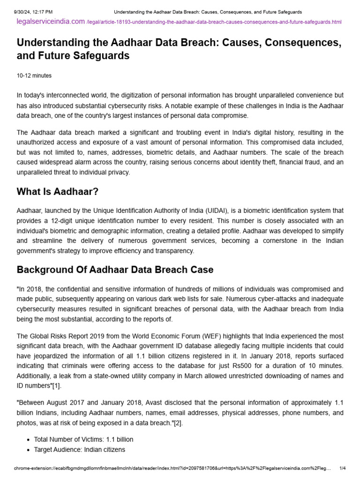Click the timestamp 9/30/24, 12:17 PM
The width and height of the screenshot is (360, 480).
33,11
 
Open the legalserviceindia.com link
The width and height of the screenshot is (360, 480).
51,22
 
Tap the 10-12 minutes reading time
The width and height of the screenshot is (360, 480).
34,75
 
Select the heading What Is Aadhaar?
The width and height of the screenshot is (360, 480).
57,192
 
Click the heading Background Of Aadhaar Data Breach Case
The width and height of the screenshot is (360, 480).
115,270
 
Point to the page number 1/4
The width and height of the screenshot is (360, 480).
342,468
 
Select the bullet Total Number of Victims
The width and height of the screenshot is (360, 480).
83,439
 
